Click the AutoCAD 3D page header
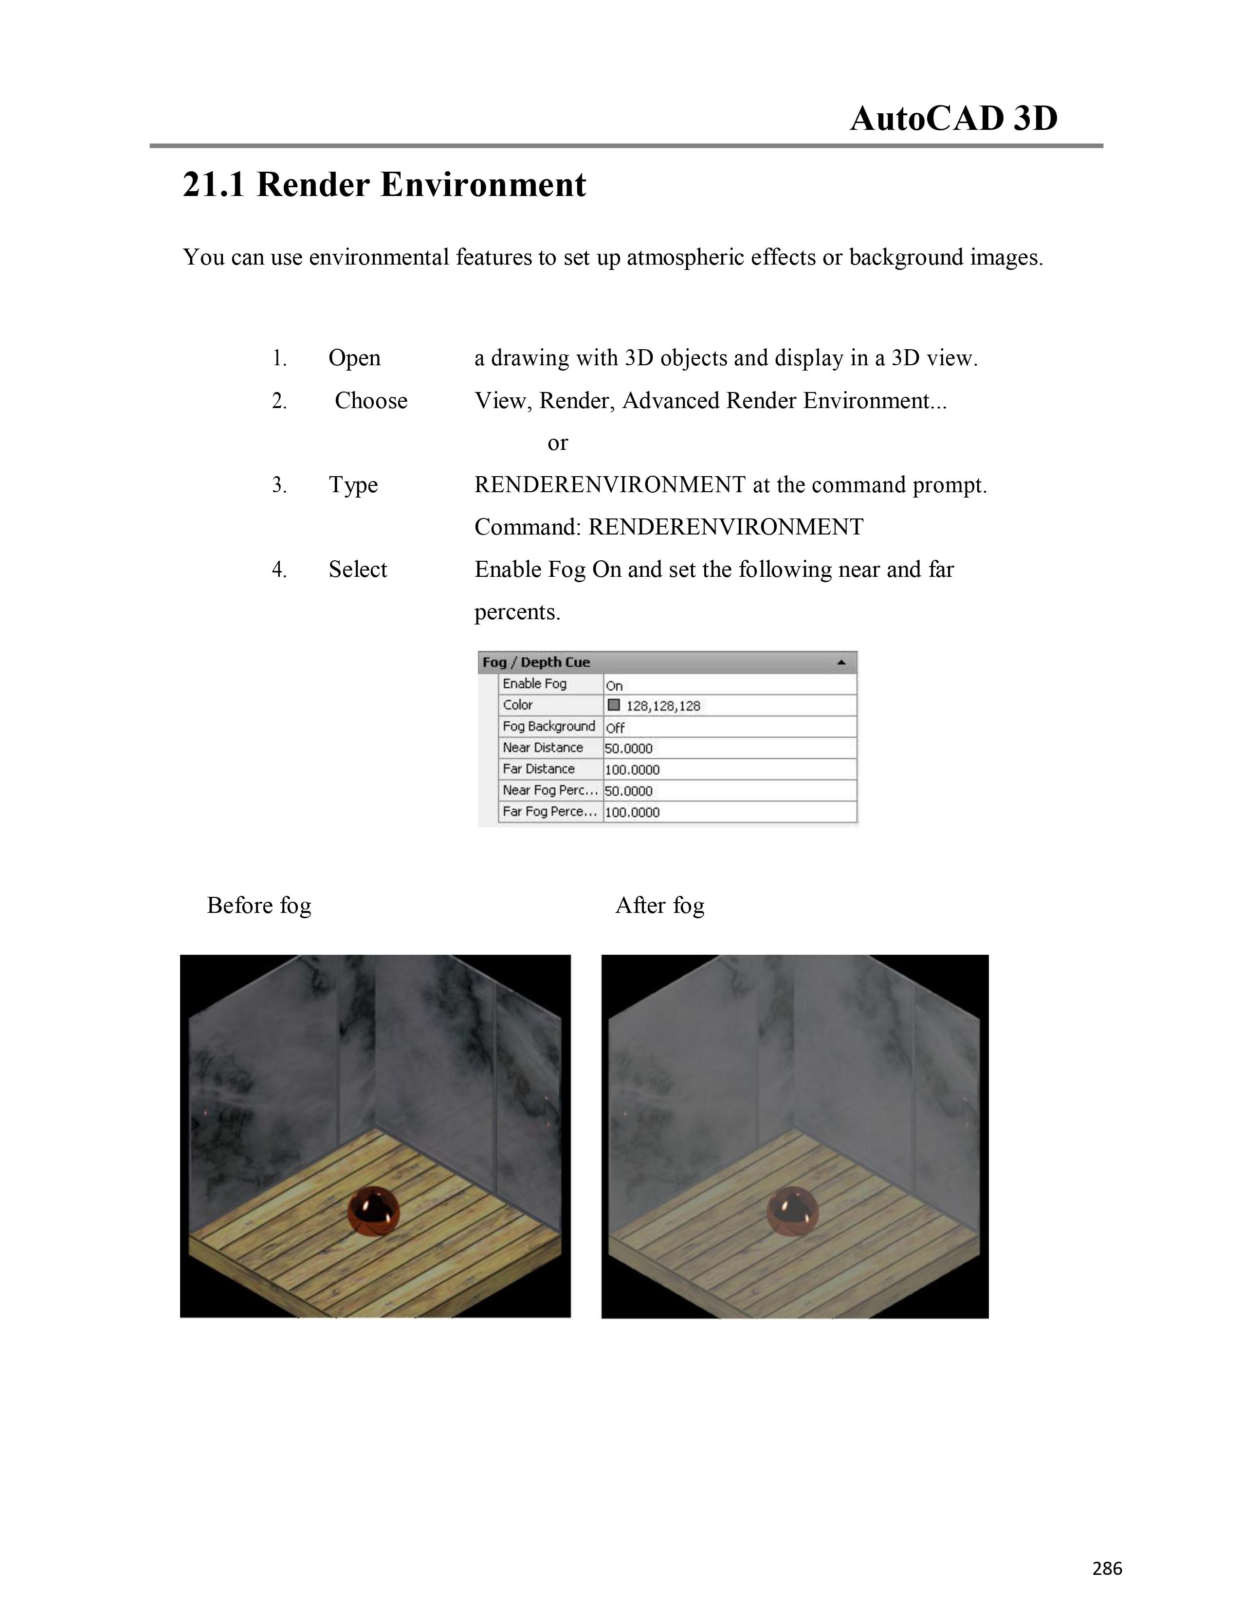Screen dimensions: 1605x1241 click(953, 118)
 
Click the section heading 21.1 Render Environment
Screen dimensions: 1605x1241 click(384, 184)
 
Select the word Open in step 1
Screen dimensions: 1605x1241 click(354, 358)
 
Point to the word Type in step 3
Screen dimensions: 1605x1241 click(353, 485)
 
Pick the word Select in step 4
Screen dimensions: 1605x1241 click(357, 570)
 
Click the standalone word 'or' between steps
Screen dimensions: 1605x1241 click(557, 443)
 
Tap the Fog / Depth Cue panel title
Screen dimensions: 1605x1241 click(536, 662)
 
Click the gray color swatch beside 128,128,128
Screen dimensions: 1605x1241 click(614, 705)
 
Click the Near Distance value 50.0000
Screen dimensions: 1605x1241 click(629, 748)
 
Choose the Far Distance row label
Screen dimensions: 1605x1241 click(538, 768)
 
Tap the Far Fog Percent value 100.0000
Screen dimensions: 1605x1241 click(632, 812)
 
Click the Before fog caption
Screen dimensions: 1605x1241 click(259, 906)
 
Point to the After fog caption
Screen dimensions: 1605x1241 click(659, 906)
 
